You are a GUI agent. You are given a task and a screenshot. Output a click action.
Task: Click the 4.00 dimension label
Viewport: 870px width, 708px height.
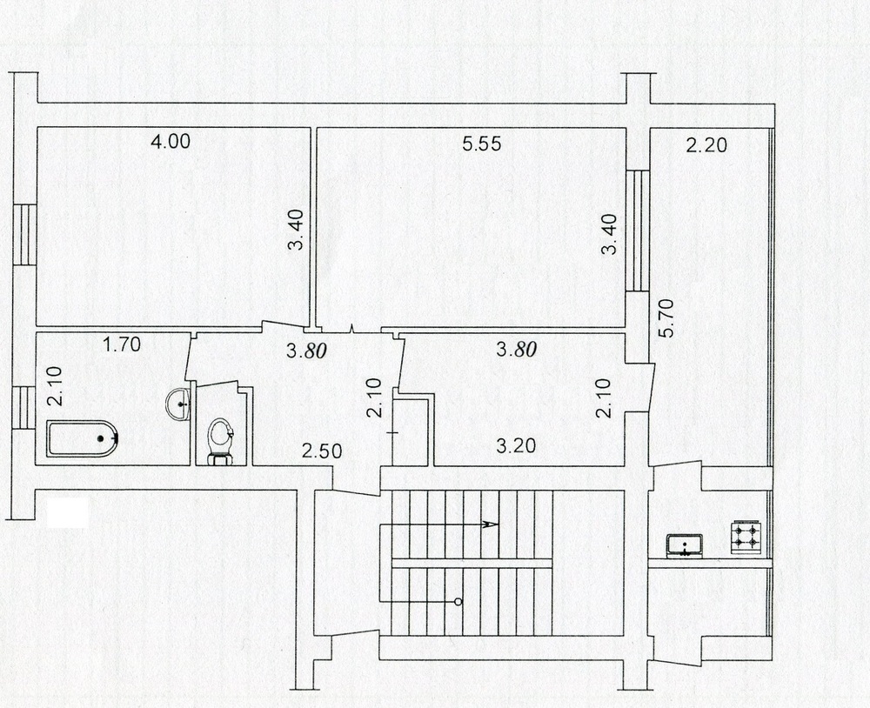pos(171,141)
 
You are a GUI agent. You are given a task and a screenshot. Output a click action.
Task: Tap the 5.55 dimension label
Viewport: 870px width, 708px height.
pos(482,144)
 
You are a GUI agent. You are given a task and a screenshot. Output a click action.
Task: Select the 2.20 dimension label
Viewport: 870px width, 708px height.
pos(706,145)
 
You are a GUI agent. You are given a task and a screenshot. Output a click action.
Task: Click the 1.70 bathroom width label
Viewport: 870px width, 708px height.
pos(122,345)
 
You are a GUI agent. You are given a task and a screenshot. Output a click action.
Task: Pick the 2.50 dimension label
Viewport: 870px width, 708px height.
pos(322,451)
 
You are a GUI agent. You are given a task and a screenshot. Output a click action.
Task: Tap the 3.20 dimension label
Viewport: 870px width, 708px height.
pos(516,445)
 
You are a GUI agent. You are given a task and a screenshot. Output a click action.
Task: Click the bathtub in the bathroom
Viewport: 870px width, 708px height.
pos(82,438)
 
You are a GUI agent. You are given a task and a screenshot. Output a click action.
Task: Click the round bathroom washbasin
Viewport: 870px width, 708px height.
pos(178,403)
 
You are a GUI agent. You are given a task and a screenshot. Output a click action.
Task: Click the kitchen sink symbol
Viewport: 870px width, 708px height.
pos(685,544)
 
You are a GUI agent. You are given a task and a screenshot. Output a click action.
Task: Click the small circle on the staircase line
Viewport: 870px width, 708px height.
pos(458,602)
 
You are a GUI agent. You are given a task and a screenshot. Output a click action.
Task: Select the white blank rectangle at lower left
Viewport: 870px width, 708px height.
pos(67,512)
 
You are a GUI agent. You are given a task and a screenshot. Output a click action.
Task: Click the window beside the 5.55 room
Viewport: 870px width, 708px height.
pos(638,230)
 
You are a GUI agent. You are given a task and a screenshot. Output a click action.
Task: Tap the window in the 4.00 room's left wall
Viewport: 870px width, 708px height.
pos(25,235)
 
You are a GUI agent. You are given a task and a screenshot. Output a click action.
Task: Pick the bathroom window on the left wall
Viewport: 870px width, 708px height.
pos(24,408)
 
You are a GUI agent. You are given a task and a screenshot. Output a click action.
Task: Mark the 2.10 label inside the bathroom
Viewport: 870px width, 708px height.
pos(54,387)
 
